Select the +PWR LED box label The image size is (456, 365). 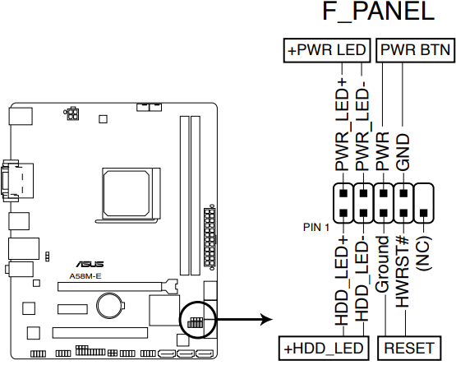coord(326,51)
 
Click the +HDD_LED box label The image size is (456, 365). coord(322,347)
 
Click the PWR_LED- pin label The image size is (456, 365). coord(362,128)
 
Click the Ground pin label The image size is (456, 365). coord(382,265)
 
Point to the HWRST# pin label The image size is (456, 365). coord(403,271)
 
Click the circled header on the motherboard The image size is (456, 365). coord(194,320)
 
